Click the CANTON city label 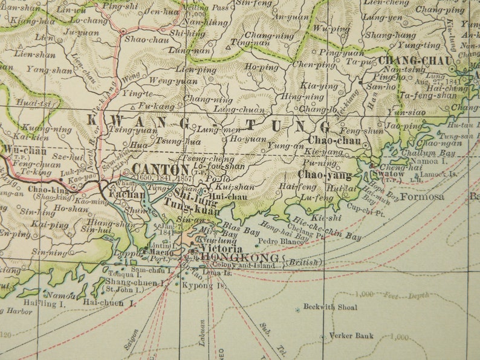[160, 169]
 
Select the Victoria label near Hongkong [221, 249]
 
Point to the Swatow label [388, 174]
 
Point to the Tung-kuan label [181, 208]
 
